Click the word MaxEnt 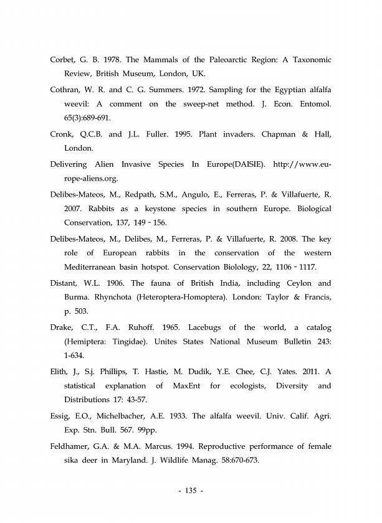[x=186, y=387]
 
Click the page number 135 [x=190, y=492]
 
